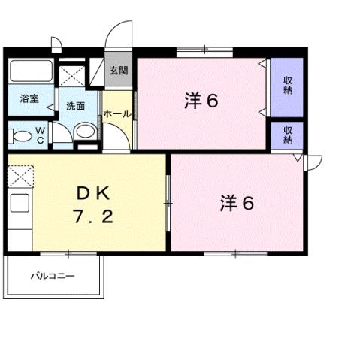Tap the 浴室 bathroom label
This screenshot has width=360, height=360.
coord(28,98)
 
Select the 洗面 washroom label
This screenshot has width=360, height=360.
coord(74,107)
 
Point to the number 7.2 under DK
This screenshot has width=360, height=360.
coord(92,219)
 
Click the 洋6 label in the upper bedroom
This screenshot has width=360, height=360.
coord(201,101)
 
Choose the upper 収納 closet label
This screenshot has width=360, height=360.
coord(287,86)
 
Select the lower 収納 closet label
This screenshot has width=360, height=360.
coord(287,135)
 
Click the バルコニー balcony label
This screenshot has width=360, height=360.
coord(53,276)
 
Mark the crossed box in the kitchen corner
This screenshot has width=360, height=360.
coord(20,177)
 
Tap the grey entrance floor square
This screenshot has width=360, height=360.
coord(118,72)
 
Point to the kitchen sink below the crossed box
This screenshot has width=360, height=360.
coord(20,203)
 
